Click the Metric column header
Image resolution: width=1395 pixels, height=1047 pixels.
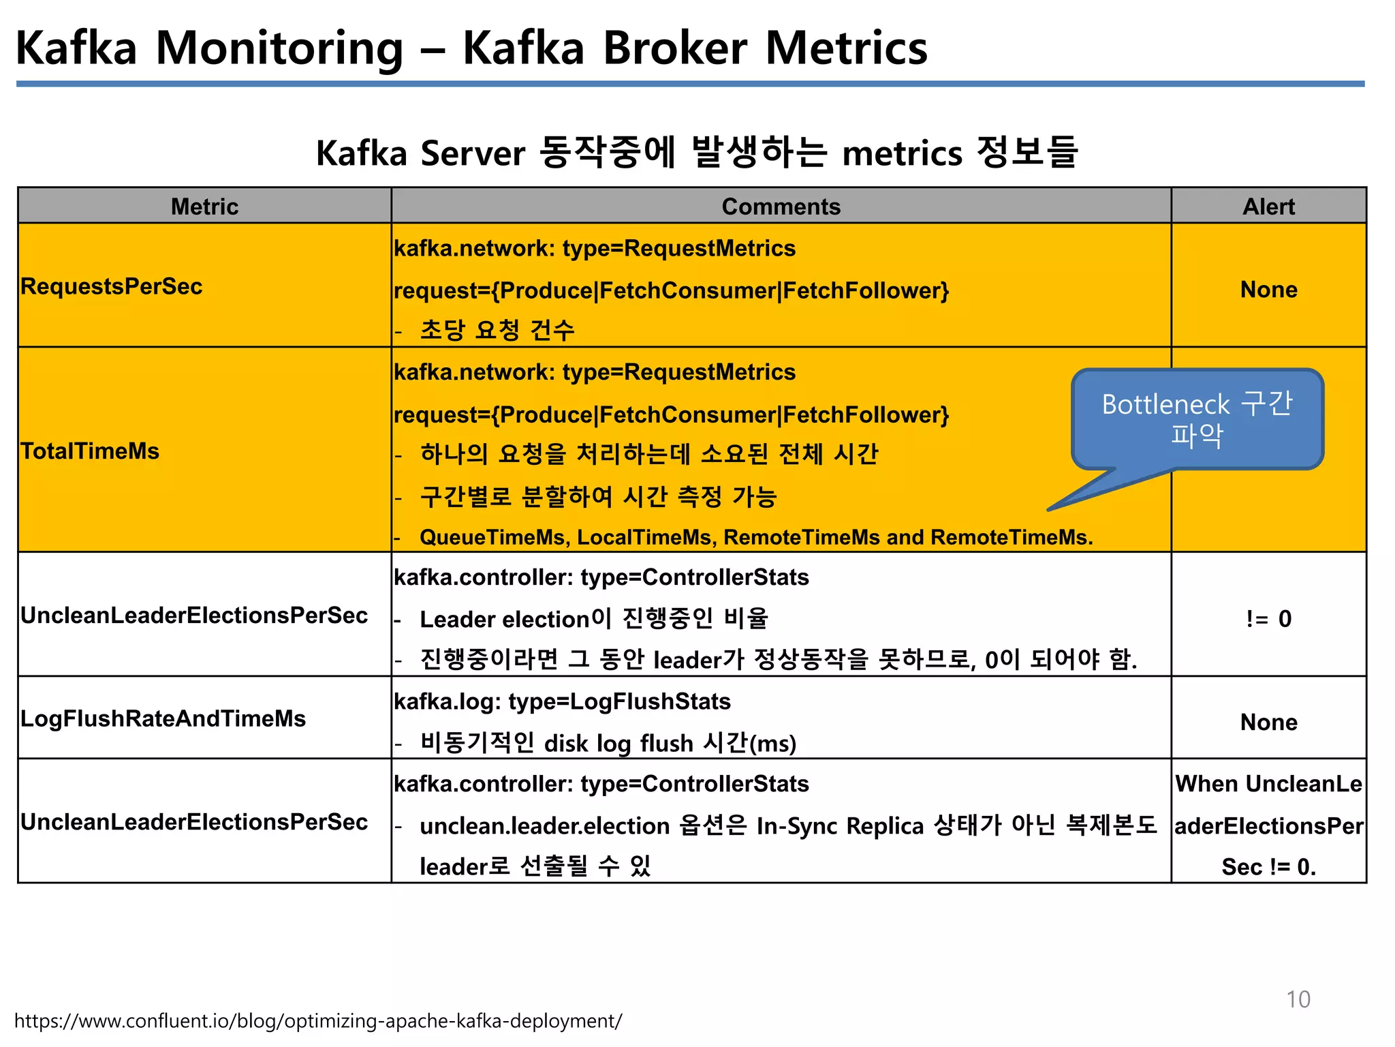[204, 207]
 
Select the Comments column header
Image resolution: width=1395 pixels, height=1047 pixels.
[781, 207]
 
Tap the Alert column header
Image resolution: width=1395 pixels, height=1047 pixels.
[1268, 207]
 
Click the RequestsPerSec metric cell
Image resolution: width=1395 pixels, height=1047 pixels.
[112, 286]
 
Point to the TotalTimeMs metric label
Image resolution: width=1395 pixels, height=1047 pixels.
[90, 451]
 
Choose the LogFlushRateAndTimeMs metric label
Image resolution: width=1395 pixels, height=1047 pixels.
[163, 718]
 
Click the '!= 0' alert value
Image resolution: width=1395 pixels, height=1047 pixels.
[1268, 618]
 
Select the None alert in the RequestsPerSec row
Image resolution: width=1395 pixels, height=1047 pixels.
[1268, 289]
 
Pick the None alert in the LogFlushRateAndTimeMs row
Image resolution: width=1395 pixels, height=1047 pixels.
[1268, 722]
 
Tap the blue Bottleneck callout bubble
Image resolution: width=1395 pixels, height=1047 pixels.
[1197, 419]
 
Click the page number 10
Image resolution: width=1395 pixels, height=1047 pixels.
[1298, 999]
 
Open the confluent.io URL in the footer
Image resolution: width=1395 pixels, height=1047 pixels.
[318, 1021]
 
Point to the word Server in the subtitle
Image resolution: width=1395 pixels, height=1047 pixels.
[473, 153]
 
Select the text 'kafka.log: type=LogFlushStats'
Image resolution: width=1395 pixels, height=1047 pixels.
[562, 701]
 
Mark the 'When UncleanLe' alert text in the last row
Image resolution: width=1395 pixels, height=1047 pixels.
[1268, 784]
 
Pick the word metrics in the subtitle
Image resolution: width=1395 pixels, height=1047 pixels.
[902, 153]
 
